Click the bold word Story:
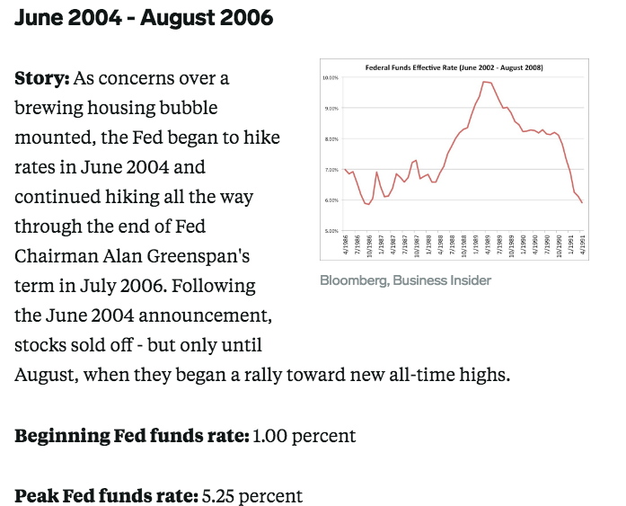41,78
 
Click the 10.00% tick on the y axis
330,78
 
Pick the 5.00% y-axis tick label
330,231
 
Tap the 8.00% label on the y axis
330,139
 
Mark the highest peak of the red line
485,82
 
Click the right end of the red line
582,202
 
